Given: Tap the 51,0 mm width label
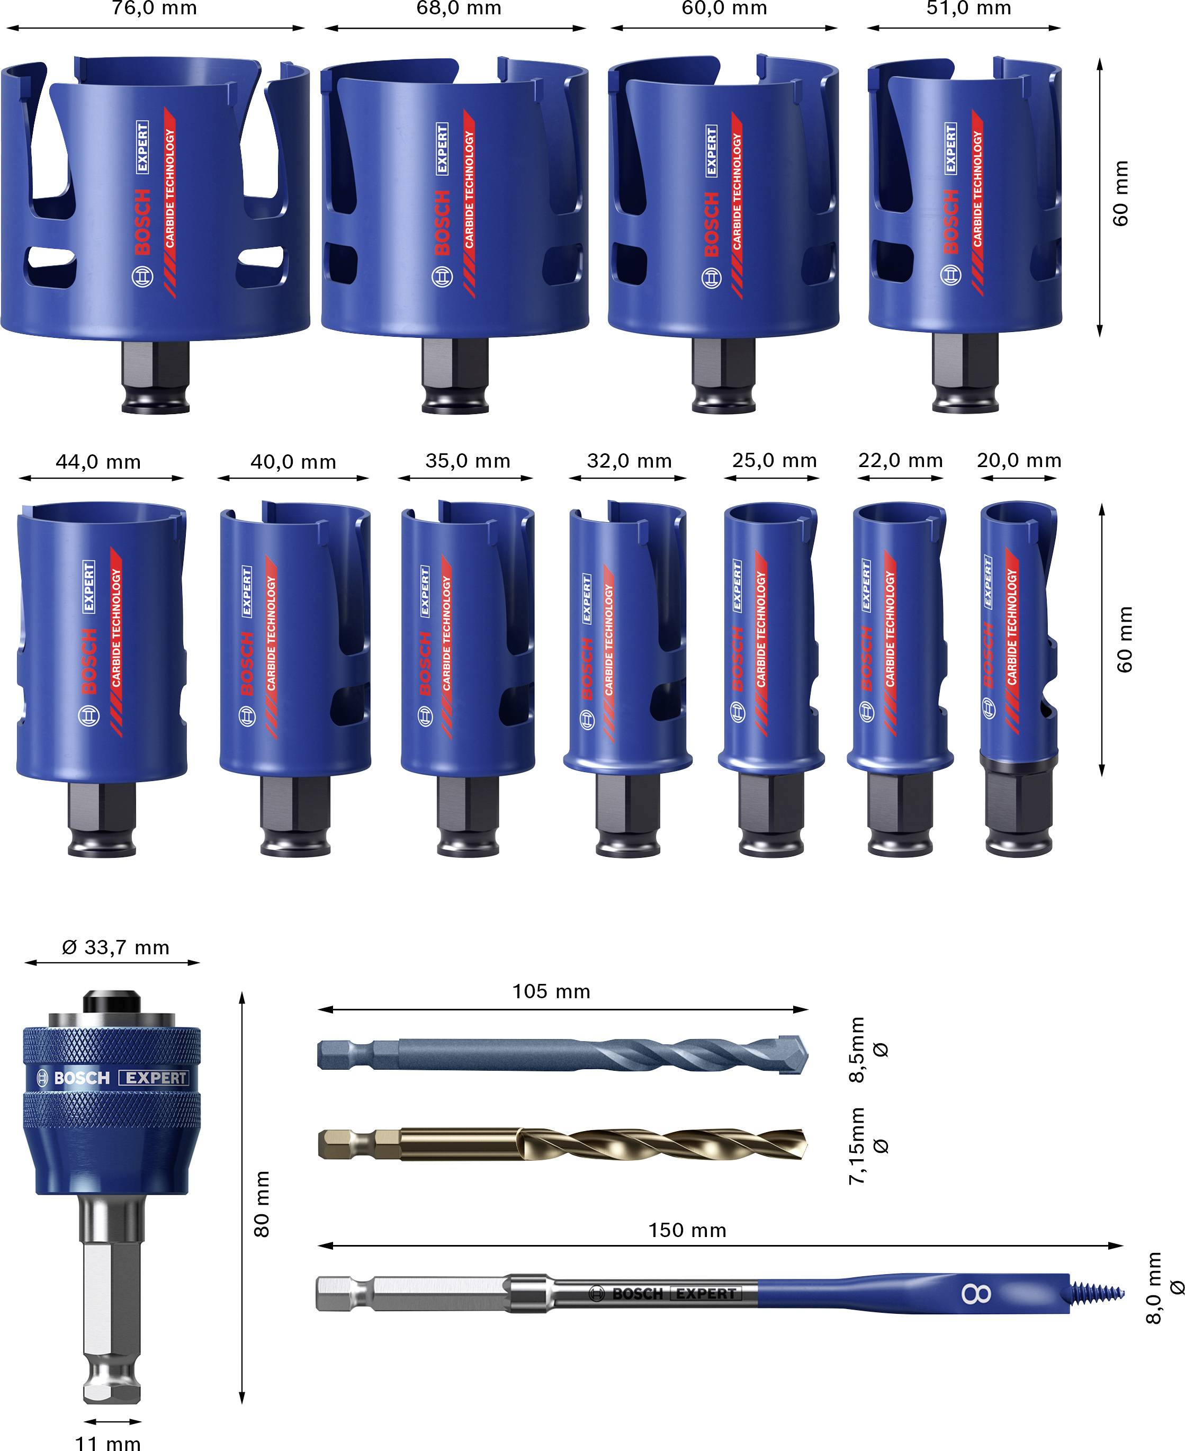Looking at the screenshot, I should pyautogui.click(x=968, y=9).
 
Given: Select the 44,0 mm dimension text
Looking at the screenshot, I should pyautogui.click(x=98, y=462).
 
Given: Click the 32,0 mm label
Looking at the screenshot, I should pyautogui.click(x=629, y=461).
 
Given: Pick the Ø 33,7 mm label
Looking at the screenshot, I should pyautogui.click(x=115, y=947).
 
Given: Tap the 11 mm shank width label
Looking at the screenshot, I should pyautogui.click(x=108, y=1442).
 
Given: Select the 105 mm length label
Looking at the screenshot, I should pyautogui.click(x=551, y=992).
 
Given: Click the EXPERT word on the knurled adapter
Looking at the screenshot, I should pyautogui.click(x=156, y=1078).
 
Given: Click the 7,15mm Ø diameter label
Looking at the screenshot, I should pyautogui.click(x=867, y=1146).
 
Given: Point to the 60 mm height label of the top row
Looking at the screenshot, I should pyautogui.click(x=1121, y=193).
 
